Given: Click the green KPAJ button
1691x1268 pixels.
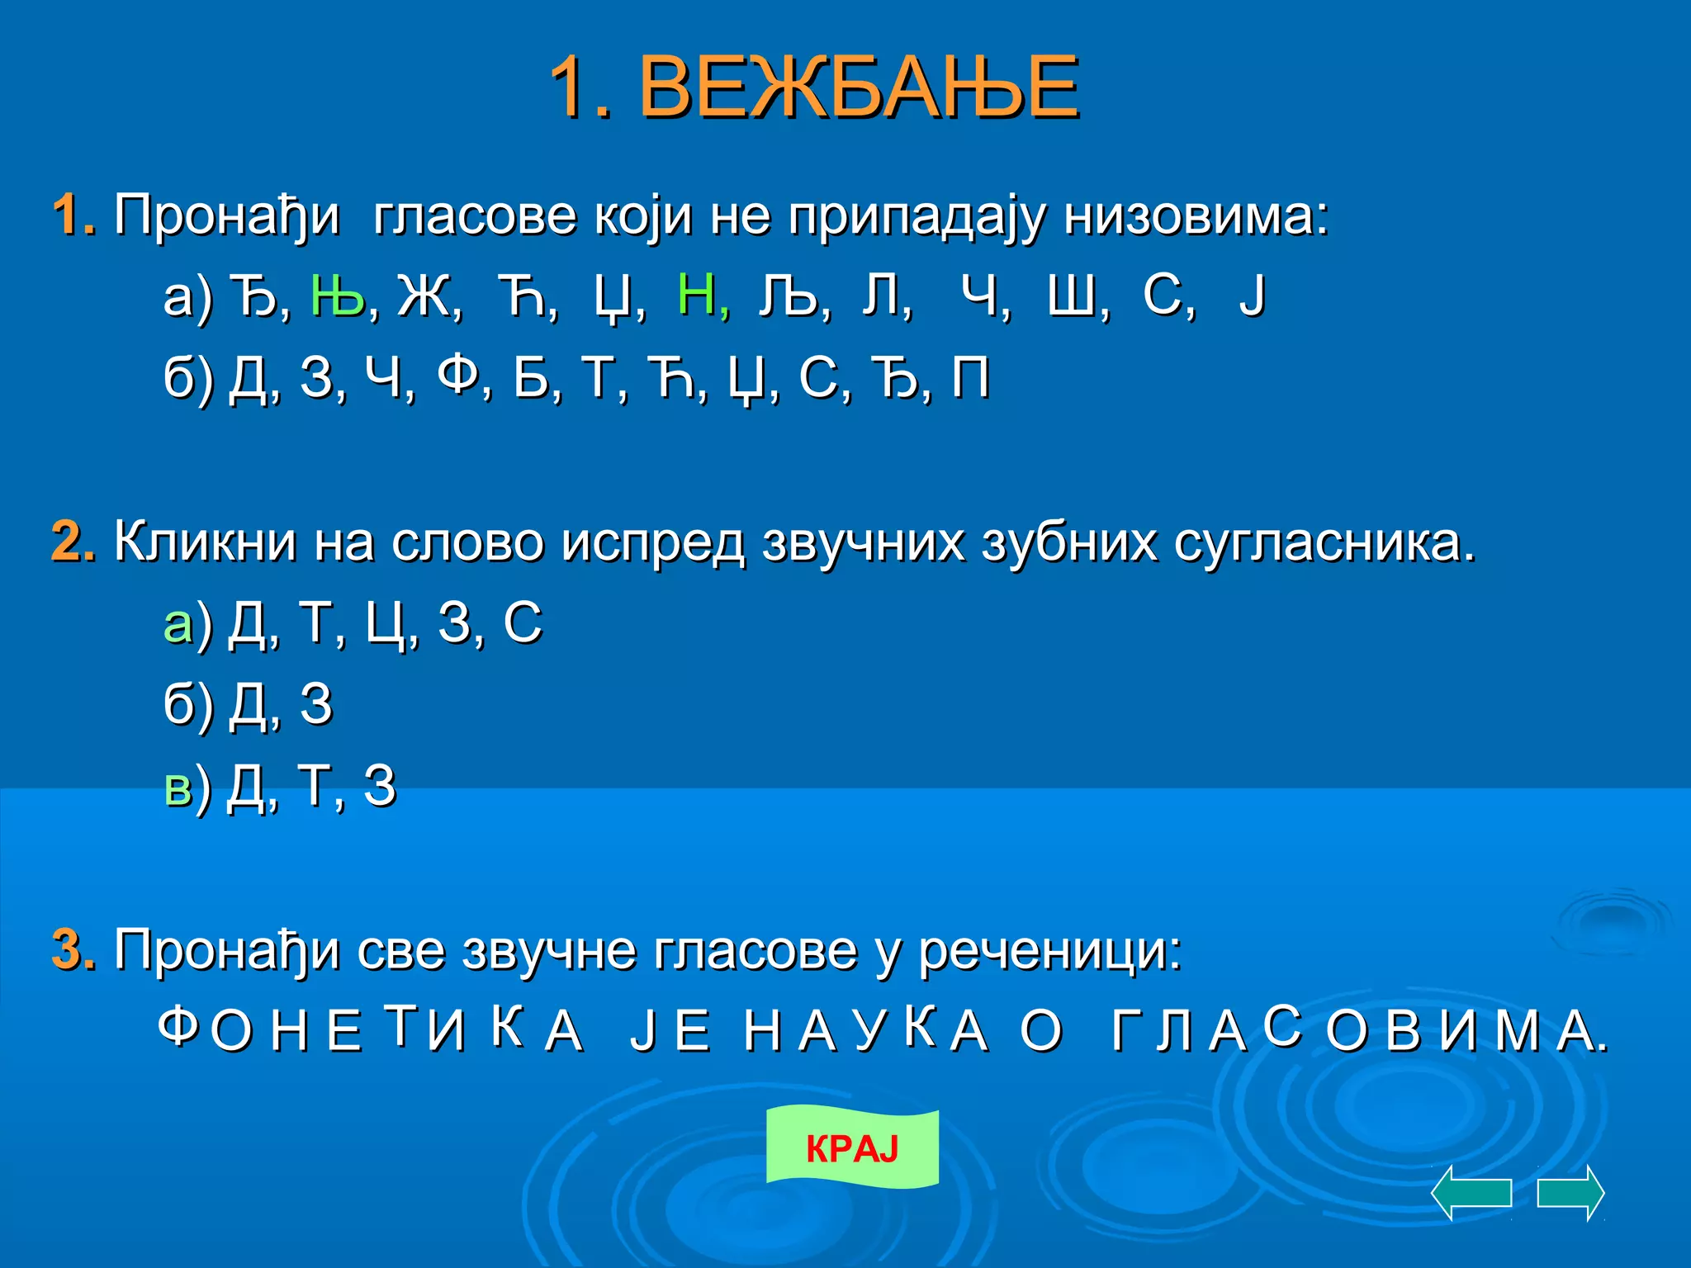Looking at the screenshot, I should click(x=852, y=1147).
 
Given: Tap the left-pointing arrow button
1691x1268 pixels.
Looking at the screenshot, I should click(x=1471, y=1193).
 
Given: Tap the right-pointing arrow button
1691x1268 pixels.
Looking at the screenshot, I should click(x=1570, y=1193).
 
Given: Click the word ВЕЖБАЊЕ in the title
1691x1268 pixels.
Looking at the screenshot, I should click(x=859, y=88).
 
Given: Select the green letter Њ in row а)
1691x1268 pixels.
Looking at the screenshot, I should click(x=338, y=295).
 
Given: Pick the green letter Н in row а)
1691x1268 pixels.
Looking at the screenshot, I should click(x=696, y=295).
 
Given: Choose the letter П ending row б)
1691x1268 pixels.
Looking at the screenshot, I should click(x=970, y=377).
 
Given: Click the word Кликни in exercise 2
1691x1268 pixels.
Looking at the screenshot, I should click(x=205, y=542).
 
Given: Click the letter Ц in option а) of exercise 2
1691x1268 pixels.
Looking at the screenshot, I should click(x=383, y=623).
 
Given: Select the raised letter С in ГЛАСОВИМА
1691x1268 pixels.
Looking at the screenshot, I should click(x=1282, y=1025).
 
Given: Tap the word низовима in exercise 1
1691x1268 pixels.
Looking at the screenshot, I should click(x=1195, y=216).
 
